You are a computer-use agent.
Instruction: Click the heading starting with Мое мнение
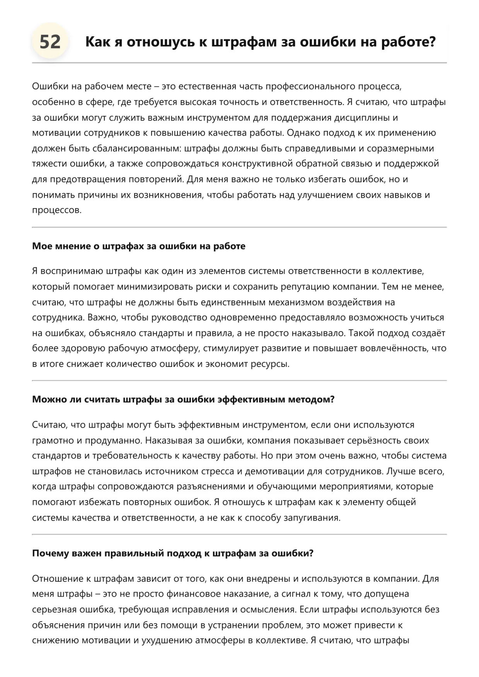[x=138, y=246]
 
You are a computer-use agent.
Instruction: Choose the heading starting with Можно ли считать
[x=183, y=399]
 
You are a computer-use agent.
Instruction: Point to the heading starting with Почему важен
[x=172, y=553]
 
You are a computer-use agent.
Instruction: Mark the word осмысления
[x=270, y=609]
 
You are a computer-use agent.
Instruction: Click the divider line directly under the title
[x=239, y=63]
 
